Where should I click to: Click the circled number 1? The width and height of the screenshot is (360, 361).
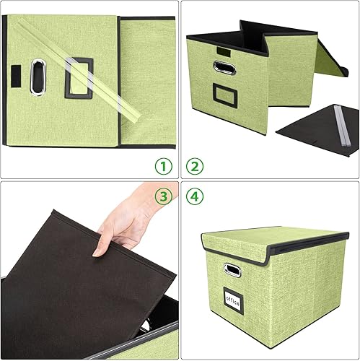click(x=164, y=167)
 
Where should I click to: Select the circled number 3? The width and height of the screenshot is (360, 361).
click(x=164, y=196)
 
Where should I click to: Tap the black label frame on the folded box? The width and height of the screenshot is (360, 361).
click(x=79, y=79)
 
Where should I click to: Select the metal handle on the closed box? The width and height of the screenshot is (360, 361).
click(x=232, y=271)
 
